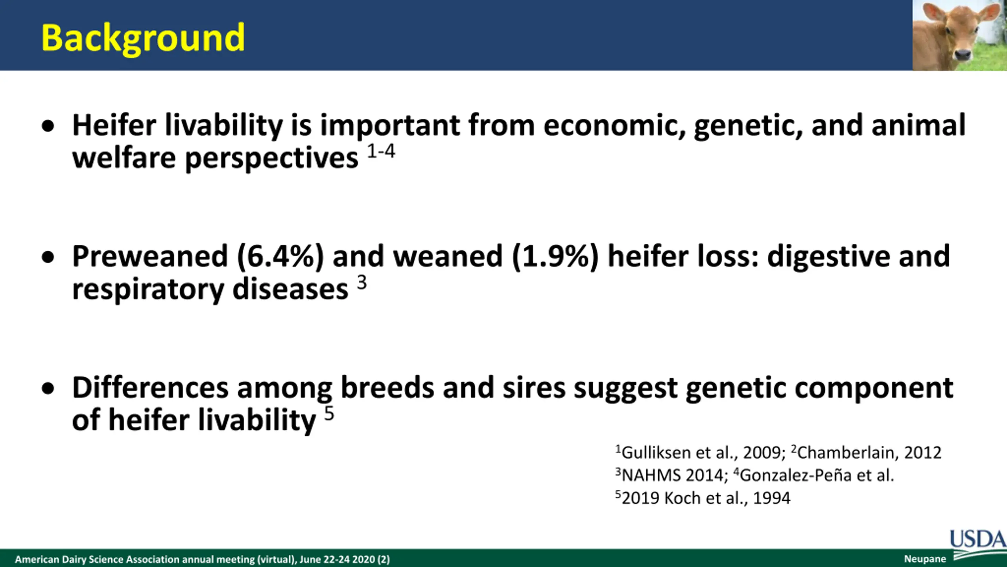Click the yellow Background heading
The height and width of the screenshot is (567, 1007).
click(143, 39)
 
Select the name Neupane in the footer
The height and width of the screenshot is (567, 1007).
click(925, 559)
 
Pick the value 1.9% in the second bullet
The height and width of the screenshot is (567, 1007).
click(555, 257)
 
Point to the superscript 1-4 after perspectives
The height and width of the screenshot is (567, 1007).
click(381, 151)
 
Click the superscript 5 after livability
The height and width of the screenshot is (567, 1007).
click(329, 414)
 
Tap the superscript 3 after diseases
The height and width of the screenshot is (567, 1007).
click(361, 282)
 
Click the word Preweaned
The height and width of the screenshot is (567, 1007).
click(150, 256)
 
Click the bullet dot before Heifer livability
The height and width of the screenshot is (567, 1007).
click(48, 127)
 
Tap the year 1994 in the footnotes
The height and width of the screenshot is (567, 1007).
click(771, 498)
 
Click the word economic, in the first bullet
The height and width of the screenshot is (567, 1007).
click(614, 126)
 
